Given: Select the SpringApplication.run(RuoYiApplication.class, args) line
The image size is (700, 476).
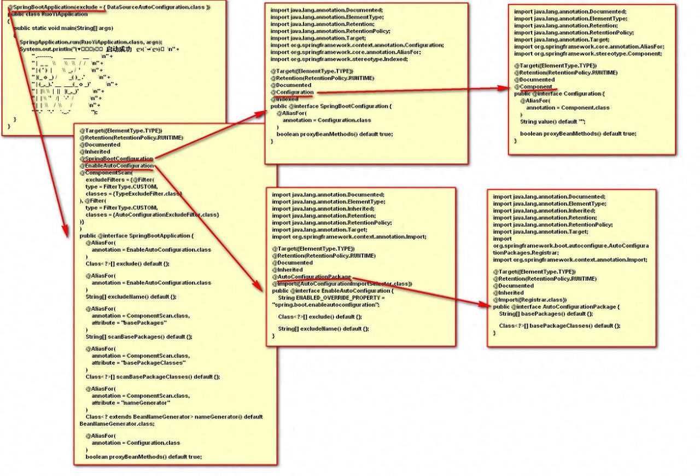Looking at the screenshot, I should coord(90,42).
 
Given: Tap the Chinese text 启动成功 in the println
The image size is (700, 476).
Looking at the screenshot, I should coord(119,49).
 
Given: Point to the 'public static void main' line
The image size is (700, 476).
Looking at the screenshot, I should coord(63,28).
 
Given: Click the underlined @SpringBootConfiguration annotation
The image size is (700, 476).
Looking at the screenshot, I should coord(117,159).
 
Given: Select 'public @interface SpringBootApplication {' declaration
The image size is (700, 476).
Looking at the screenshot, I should coord(137,236).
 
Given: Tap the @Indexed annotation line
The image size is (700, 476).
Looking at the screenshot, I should coord(284,99).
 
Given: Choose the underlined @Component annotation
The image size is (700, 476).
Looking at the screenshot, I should coord(535,86).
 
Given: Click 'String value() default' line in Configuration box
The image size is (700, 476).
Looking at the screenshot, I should coord(552,121).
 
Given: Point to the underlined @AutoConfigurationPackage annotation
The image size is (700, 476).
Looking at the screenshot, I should coord(312,277).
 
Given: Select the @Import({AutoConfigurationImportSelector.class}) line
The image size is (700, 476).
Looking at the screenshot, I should coord(342,284).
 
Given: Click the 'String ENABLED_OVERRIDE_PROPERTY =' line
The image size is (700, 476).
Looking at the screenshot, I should coord(331,298).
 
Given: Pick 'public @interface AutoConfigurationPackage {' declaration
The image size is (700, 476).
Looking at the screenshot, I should coord(556,307).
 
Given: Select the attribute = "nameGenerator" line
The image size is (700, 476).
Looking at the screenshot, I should coord(131,403).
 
